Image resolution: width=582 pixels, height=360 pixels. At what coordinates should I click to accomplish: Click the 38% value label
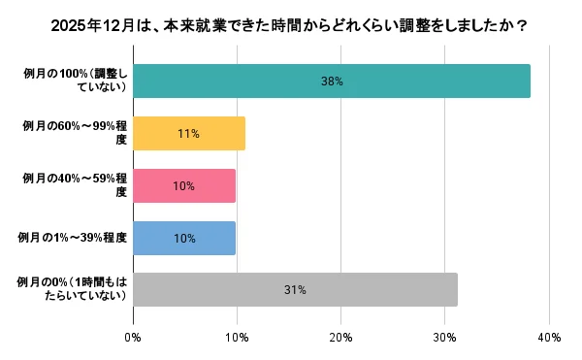(332, 82)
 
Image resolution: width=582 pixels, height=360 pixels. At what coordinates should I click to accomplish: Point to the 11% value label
(188, 134)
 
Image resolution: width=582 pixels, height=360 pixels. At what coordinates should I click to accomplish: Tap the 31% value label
(295, 289)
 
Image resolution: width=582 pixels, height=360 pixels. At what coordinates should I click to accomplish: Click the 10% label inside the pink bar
(183, 185)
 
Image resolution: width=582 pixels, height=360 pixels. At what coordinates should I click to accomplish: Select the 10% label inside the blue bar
(183, 238)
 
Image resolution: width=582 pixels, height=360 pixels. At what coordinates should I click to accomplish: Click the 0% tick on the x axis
(133, 337)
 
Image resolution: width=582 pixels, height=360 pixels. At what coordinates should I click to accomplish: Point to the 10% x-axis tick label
(237, 337)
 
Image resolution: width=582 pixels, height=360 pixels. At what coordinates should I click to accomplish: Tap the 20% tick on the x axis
(340, 337)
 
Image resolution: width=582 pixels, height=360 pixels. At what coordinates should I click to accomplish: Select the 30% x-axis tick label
(444, 337)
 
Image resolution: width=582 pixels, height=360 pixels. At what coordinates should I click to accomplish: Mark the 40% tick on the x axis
(548, 337)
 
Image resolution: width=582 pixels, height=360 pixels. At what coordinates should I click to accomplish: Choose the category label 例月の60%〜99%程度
(76, 134)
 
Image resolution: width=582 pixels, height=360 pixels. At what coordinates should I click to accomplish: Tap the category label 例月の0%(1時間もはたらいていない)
(75, 289)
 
